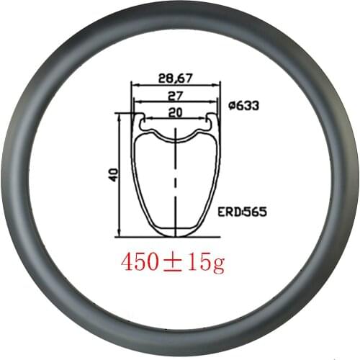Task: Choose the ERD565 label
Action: coord(242,212)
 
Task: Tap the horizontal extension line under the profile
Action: coord(144,236)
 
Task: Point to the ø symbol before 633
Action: coord(230,106)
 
